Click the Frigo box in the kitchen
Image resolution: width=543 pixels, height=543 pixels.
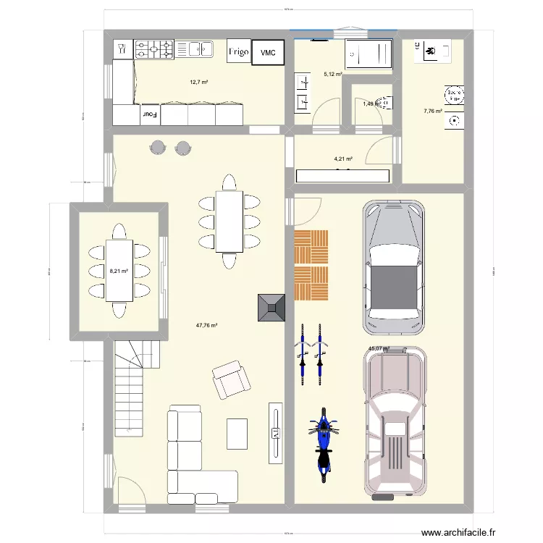click(x=239, y=52)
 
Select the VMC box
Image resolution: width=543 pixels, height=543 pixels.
click(x=268, y=52)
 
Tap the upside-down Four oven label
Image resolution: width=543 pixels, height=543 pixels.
click(x=149, y=114)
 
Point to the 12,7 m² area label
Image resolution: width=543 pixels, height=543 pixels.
click(x=198, y=82)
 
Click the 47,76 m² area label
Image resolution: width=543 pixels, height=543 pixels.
click(x=208, y=326)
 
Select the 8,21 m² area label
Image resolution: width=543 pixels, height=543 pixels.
click(x=119, y=271)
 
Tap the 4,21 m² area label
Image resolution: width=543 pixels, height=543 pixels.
click(x=343, y=159)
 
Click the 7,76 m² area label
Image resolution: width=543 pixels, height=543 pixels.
click(x=432, y=111)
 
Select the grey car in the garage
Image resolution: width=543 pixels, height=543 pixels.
click(x=393, y=267)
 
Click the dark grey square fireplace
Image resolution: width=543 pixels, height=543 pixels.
click(x=271, y=307)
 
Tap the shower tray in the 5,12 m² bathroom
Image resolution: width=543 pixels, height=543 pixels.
click(x=367, y=53)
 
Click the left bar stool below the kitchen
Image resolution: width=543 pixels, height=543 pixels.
click(x=157, y=148)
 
